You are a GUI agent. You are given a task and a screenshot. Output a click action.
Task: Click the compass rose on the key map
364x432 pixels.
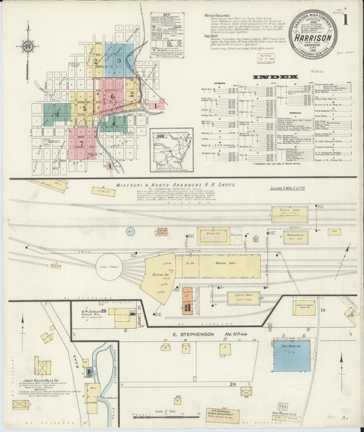pos(27,46)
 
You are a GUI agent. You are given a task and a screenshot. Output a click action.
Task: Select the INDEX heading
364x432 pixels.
pos(275,77)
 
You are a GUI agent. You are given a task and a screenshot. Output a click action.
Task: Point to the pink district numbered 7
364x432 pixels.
pos(82,144)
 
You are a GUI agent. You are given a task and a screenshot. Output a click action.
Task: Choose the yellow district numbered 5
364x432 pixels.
pos(84,108)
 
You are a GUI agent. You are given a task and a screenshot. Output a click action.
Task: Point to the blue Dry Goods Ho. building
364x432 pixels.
pos(292,356)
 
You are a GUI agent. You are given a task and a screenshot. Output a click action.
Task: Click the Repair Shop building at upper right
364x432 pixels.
pos(290,212)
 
